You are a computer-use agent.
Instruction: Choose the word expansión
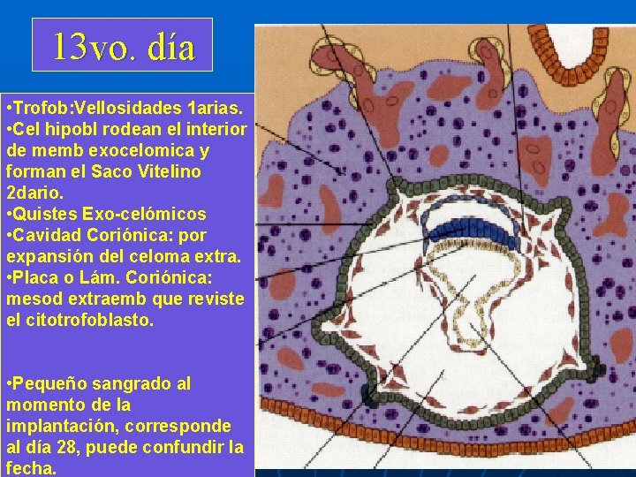pyautogui.click(x=42, y=257)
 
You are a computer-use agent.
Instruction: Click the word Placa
pyautogui.click(x=40, y=278)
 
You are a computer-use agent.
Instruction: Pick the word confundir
pyautogui.click(x=186, y=448)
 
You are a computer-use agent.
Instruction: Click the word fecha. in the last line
pyautogui.click(x=31, y=468)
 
